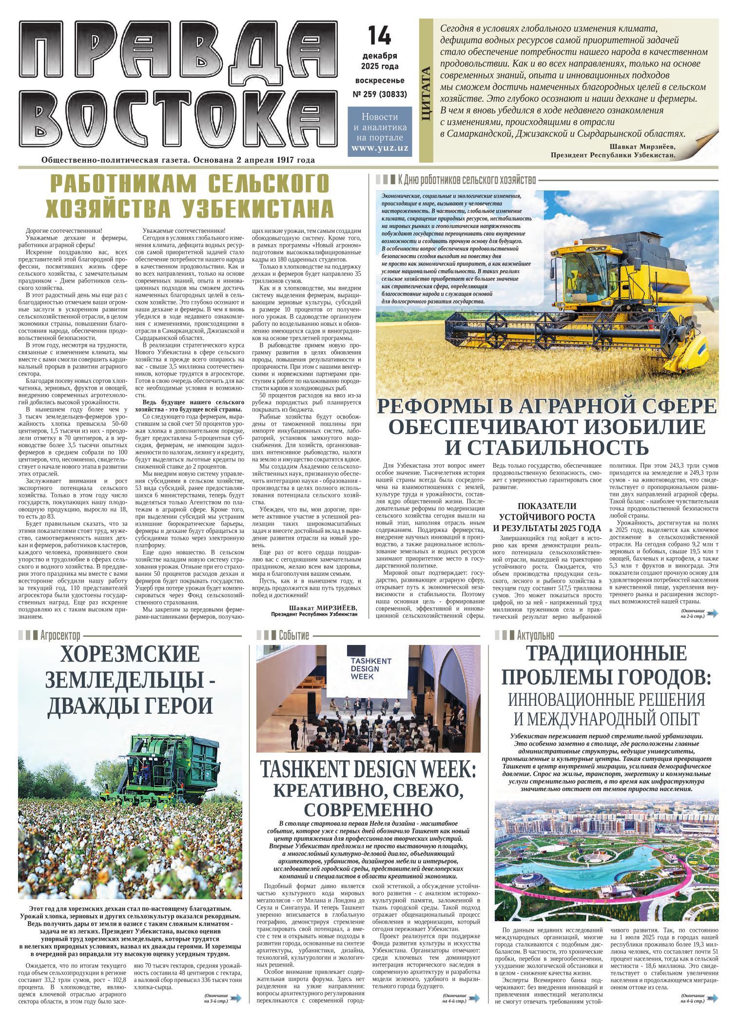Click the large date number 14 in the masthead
[379, 36]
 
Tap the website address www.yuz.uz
[379, 148]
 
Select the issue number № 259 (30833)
[380, 94]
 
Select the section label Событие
[293, 635]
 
